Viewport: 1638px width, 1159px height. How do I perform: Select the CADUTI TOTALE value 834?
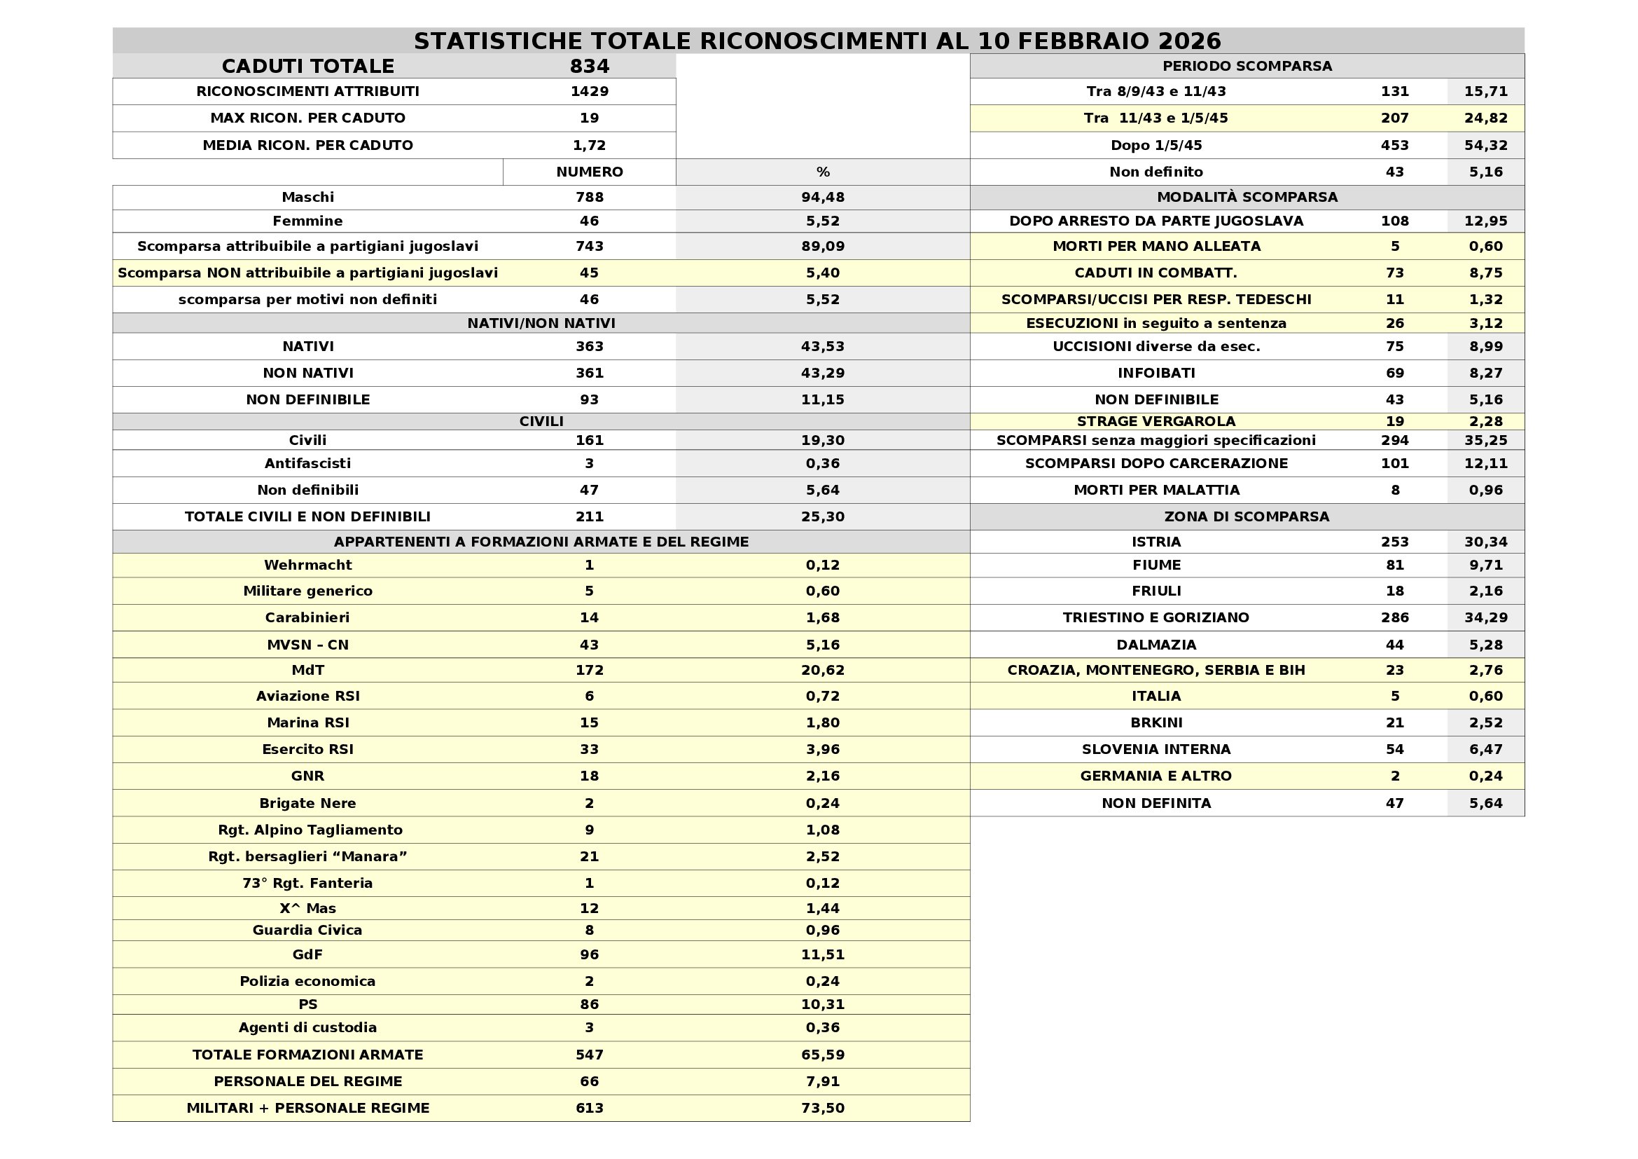coord(589,67)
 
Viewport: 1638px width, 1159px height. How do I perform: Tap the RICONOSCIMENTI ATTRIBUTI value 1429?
coord(589,91)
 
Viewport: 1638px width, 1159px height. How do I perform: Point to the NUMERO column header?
coord(589,172)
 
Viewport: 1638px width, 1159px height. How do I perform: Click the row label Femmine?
coord(307,221)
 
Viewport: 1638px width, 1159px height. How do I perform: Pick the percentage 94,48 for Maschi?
coord(823,197)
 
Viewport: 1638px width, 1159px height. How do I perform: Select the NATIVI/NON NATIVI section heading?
coord(541,323)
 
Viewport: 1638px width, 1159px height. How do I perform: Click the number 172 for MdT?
coord(589,670)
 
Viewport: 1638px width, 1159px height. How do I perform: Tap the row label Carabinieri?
coord(307,617)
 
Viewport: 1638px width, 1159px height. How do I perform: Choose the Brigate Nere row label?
coord(307,803)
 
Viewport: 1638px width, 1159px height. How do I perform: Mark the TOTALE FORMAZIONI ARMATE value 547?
coord(589,1055)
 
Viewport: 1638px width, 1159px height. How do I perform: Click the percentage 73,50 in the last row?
coord(823,1109)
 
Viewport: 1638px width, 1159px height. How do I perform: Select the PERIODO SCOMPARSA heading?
coord(1247,67)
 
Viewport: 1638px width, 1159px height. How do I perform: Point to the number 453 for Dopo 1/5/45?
coord(1395,146)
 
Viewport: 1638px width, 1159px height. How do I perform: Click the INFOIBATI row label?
coord(1156,373)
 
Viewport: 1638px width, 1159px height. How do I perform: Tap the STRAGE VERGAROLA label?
coord(1156,422)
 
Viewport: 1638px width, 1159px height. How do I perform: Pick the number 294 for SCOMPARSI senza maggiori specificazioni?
coord(1395,440)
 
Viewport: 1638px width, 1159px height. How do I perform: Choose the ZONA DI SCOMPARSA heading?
coord(1247,516)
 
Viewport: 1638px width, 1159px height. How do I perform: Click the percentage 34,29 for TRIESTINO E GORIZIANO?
coord(1486,617)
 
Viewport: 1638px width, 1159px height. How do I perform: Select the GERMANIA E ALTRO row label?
coord(1156,776)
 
